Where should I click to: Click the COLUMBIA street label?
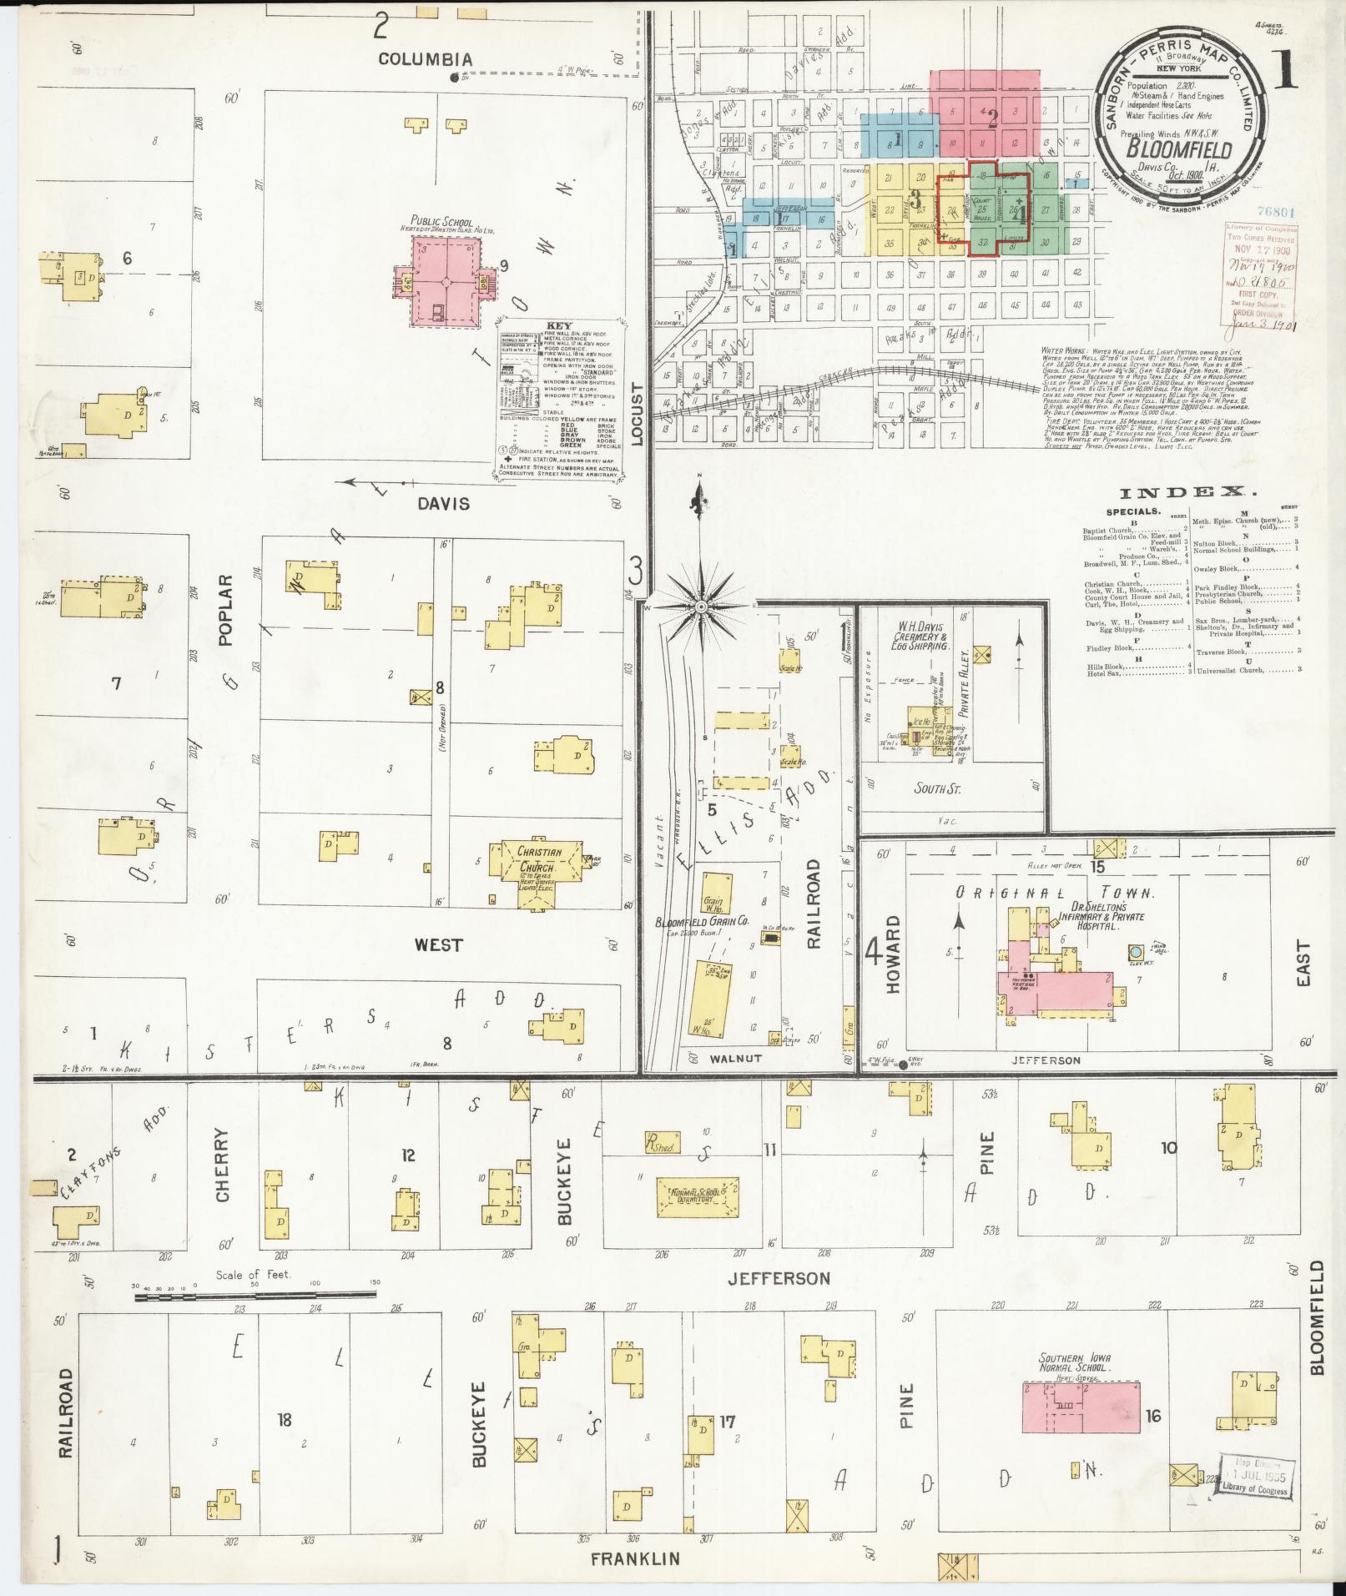tap(425, 59)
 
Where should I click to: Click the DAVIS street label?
tap(443, 504)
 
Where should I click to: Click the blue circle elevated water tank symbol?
tap(1135, 951)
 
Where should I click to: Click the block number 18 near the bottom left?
tap(285, 1419)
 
